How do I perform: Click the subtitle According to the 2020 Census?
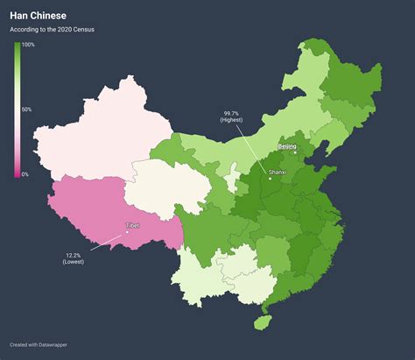pyautogui.click(x=52, y=30)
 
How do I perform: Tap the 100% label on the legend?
pyautogui.click(x=28, y=45)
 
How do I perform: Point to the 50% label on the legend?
pyautogui.click(x=26, y=109)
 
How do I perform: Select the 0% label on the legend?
pyautogui.click(x=25, y=174)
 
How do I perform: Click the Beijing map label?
pyautogui.click(x=287, y=146)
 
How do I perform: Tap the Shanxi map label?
pyautogui.click(x=278, y=173)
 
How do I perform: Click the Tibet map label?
pyautogui.click(x=132, y=225)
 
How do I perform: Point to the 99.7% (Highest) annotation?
pyautogui.click(x=231, y=117)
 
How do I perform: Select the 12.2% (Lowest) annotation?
pyautogui.click(x=74, y=258)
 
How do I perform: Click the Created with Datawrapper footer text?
pyautogui.click(x=40, y=344)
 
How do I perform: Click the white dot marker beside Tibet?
pyautogui.click(x=127, y=232)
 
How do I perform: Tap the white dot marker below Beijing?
pyautogui.click(x=295, y=152)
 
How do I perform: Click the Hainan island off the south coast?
pyautogui.click(x=259, y=321)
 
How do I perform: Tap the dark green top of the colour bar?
pyautogui.click(x=17, y=46)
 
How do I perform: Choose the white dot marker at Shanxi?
pyautogui.click(x=270, y=179)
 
